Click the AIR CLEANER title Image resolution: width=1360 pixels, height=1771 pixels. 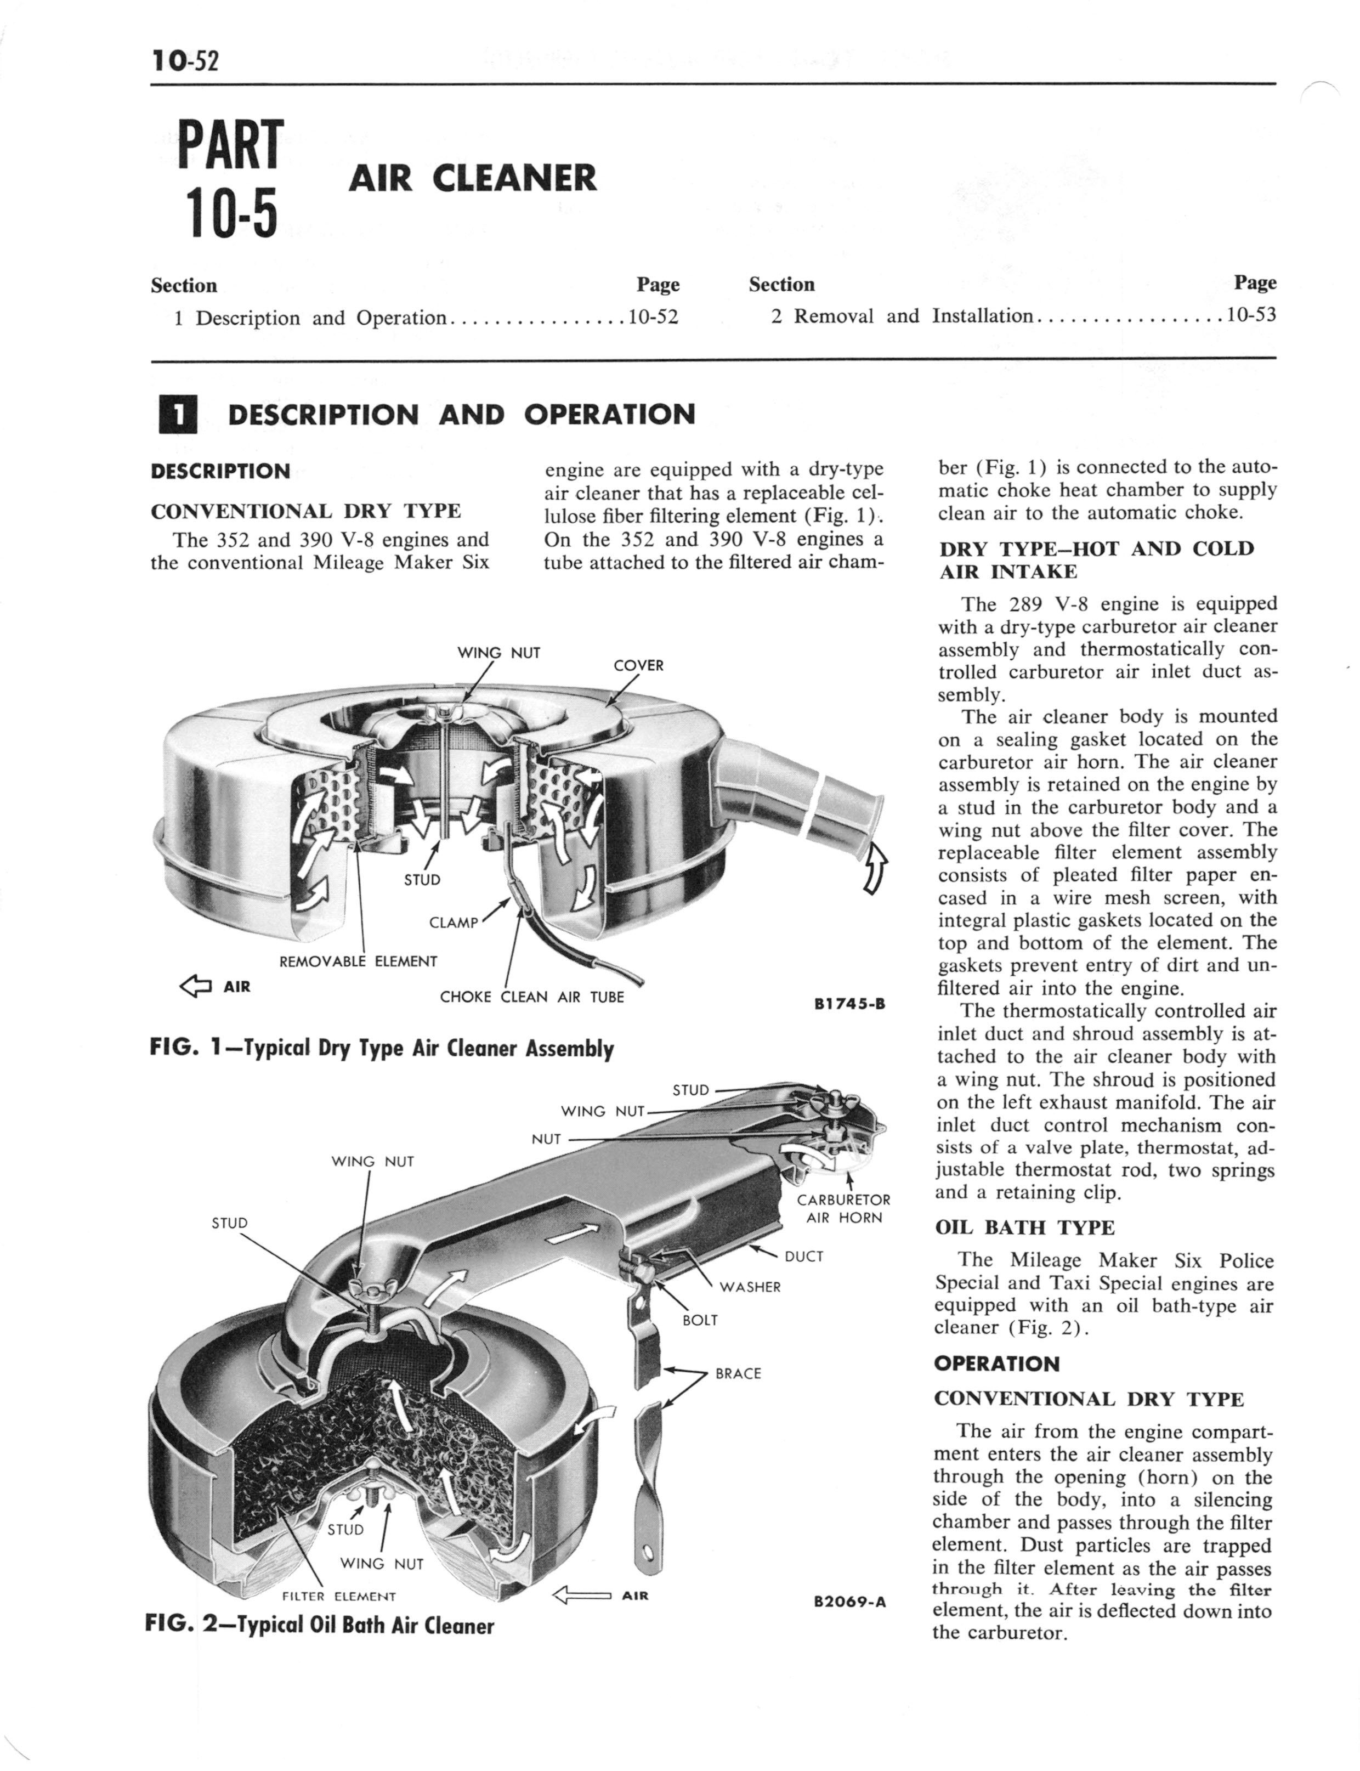473,178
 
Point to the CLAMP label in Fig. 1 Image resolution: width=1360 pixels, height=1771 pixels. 454,922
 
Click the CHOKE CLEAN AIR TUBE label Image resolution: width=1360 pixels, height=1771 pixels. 532,997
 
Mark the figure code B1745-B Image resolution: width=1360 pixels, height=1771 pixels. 849,1004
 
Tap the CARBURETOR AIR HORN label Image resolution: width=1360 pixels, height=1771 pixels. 843,1208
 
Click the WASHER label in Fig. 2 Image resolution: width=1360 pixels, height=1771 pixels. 750,1287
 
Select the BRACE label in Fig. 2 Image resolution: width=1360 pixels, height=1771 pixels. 738,1373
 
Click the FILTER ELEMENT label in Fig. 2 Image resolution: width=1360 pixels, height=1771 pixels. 338,1597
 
